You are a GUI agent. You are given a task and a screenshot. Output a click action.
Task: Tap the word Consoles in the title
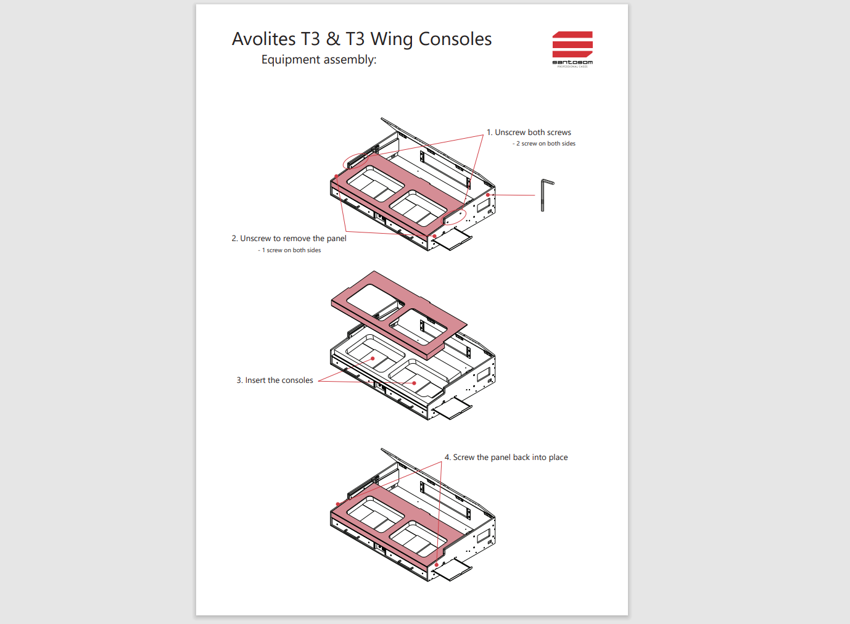tap(455, 39)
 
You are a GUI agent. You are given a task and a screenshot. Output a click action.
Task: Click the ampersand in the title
tap(333, 39)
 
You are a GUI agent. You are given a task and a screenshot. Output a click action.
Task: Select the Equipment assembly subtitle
tap(318, 60)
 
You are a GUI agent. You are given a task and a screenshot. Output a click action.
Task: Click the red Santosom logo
tap(572, 46)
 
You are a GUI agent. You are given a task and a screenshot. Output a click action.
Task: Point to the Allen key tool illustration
tap(545, 194)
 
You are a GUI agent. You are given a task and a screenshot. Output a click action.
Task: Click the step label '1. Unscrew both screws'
tap(529, 133)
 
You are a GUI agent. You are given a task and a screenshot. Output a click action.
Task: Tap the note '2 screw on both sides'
tap(545, 144)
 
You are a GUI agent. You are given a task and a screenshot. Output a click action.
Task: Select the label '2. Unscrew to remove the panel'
tap(289, 239)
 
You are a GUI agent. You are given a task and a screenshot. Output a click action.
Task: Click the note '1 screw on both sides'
tap(290, 250)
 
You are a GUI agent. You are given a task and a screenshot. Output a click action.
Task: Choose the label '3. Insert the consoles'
tap(274, 380)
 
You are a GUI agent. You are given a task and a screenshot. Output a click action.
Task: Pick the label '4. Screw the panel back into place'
tap(506, 458)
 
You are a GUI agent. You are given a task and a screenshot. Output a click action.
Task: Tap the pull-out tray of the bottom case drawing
tap(453, 570)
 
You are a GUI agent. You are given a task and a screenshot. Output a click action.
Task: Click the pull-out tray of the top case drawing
tap(453, 240)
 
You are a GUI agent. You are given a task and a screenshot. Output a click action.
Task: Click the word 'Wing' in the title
tap(391, 39)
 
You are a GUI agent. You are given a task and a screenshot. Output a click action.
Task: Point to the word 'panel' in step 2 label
tap(336, 239)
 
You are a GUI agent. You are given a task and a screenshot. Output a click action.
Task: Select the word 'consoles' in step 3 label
tap(297, 380)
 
